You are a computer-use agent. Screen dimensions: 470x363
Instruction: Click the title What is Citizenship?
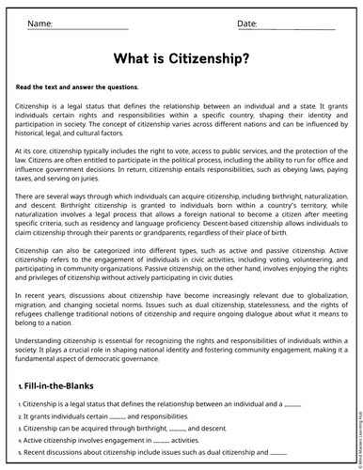[x=181, y=58]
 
